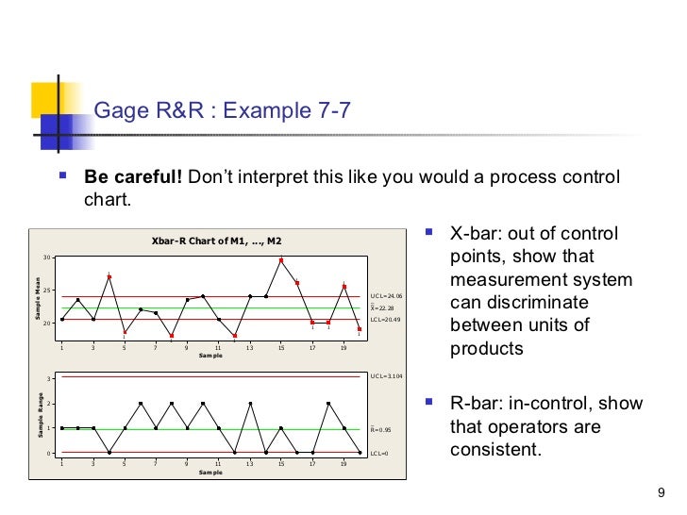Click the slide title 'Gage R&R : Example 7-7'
(x=222, y=111)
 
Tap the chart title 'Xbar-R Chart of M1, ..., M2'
(x=217, y=242)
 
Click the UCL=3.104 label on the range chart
(x=386, y=375)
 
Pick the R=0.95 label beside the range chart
(x=381, y=429)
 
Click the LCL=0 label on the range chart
(x=379, y=454)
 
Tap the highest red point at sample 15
(x=281, y=260)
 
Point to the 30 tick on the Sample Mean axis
(x=46, y=257)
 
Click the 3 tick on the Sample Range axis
(x=49, y=379)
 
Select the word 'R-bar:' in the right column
(x=476, y=404)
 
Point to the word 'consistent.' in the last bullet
(x=495, y=449)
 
